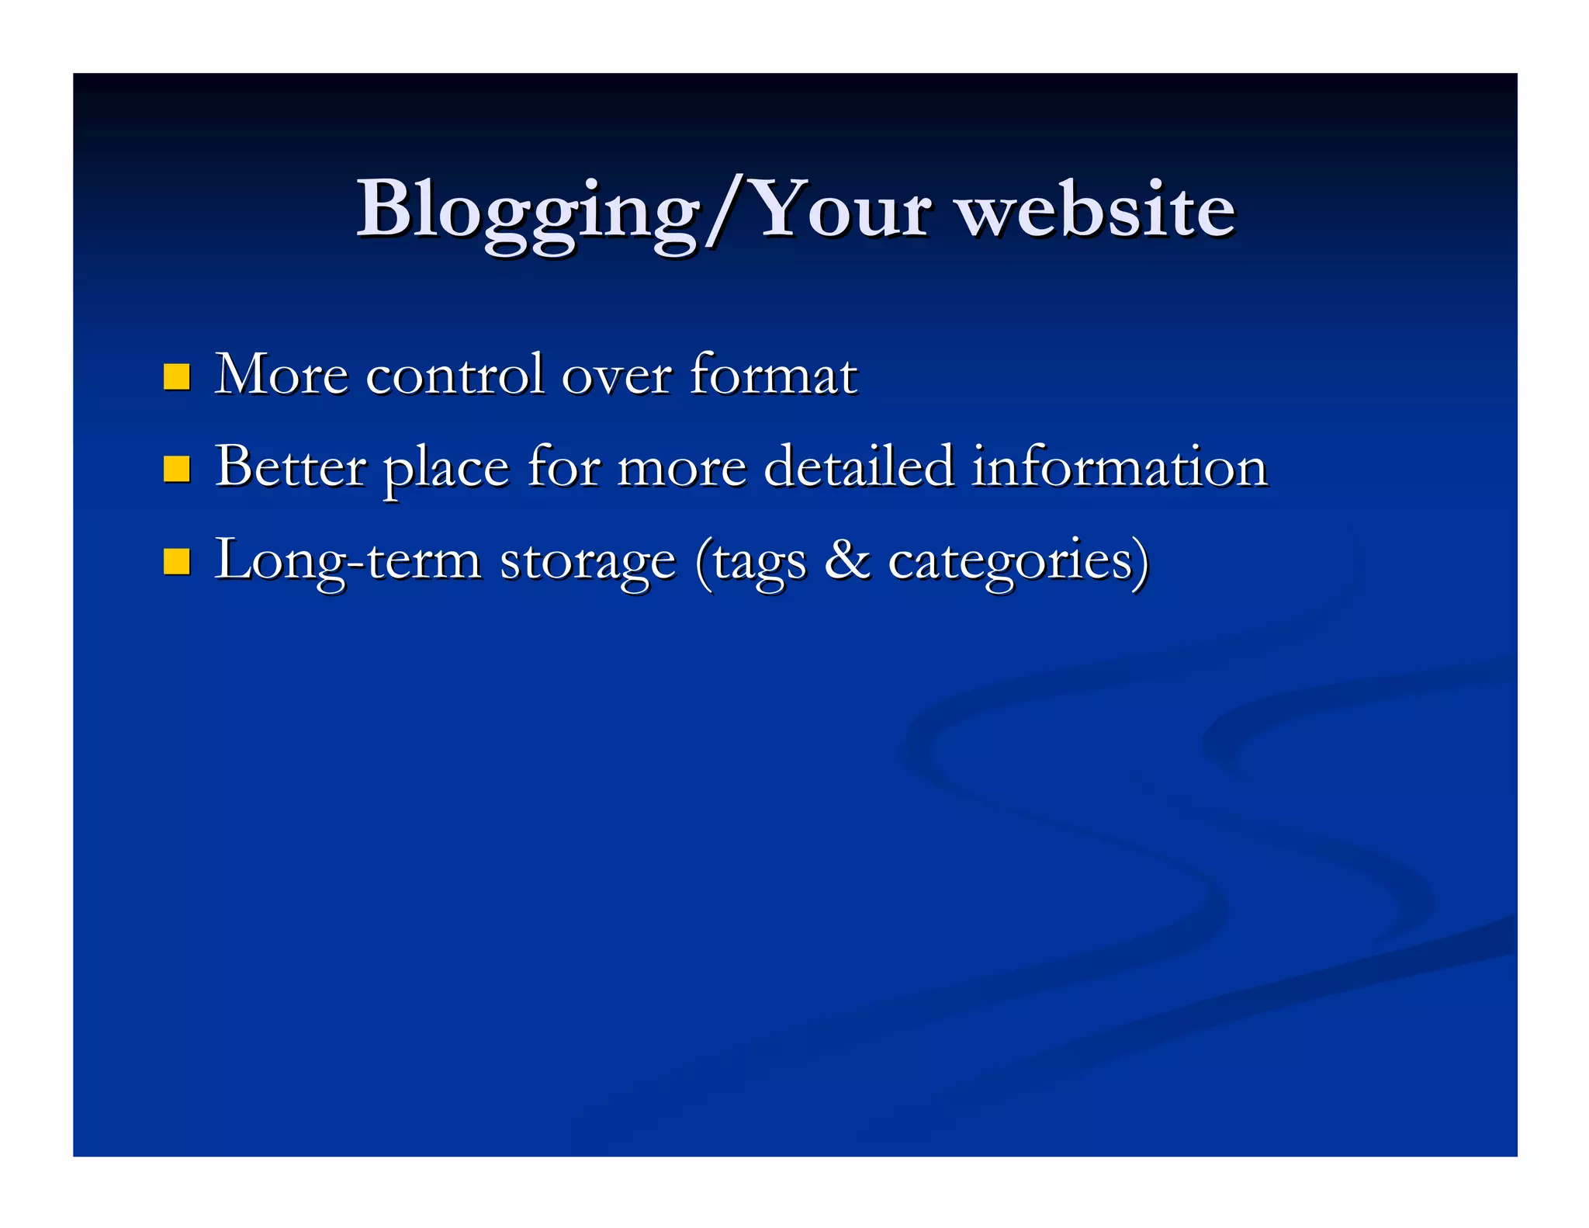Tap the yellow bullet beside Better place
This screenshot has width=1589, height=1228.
pos(177,469)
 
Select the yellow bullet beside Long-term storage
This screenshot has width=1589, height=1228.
pos(177,561)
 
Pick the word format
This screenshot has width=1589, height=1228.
pos(773,375)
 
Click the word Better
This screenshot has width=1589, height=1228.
pos(290,467)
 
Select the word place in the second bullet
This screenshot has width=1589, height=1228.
pos(446,469)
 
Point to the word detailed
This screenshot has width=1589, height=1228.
pos(858,467)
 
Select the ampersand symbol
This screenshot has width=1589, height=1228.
pos(846,559)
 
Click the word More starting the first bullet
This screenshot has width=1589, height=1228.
pos(281,375)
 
